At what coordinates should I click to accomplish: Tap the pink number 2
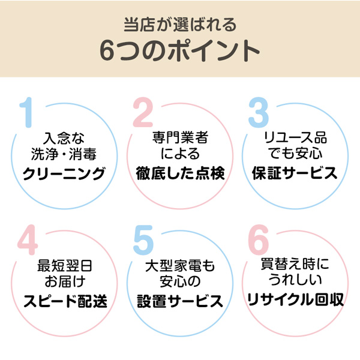tap(143, 112)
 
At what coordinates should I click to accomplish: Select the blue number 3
tap(259, 112)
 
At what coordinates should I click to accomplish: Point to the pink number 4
tap(28, 239)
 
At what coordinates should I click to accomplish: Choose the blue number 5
tap(143, 240)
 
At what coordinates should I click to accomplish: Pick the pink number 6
tap(259, 239)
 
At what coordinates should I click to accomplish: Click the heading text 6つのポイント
tap(180, 51)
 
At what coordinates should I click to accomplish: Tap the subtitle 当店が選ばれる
tap(180, 25)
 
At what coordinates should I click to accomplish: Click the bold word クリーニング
tap(64, 173)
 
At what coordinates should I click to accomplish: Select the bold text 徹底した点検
tap(180, 173)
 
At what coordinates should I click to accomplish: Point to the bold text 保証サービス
tap(295, 173)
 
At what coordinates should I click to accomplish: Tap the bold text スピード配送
tap(65, 301)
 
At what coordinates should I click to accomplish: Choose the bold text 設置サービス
tap(180, 301)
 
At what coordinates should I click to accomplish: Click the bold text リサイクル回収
tap(295, 299)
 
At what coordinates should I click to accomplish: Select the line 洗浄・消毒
tap(64, 154)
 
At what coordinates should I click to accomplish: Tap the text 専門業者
tap(181, 137)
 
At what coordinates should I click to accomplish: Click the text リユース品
tap(295, 137)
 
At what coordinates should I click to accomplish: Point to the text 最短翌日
tap(65, 266)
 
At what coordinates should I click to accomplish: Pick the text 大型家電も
tap(180, 266)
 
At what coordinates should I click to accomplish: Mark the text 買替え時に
tap(295, 264)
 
